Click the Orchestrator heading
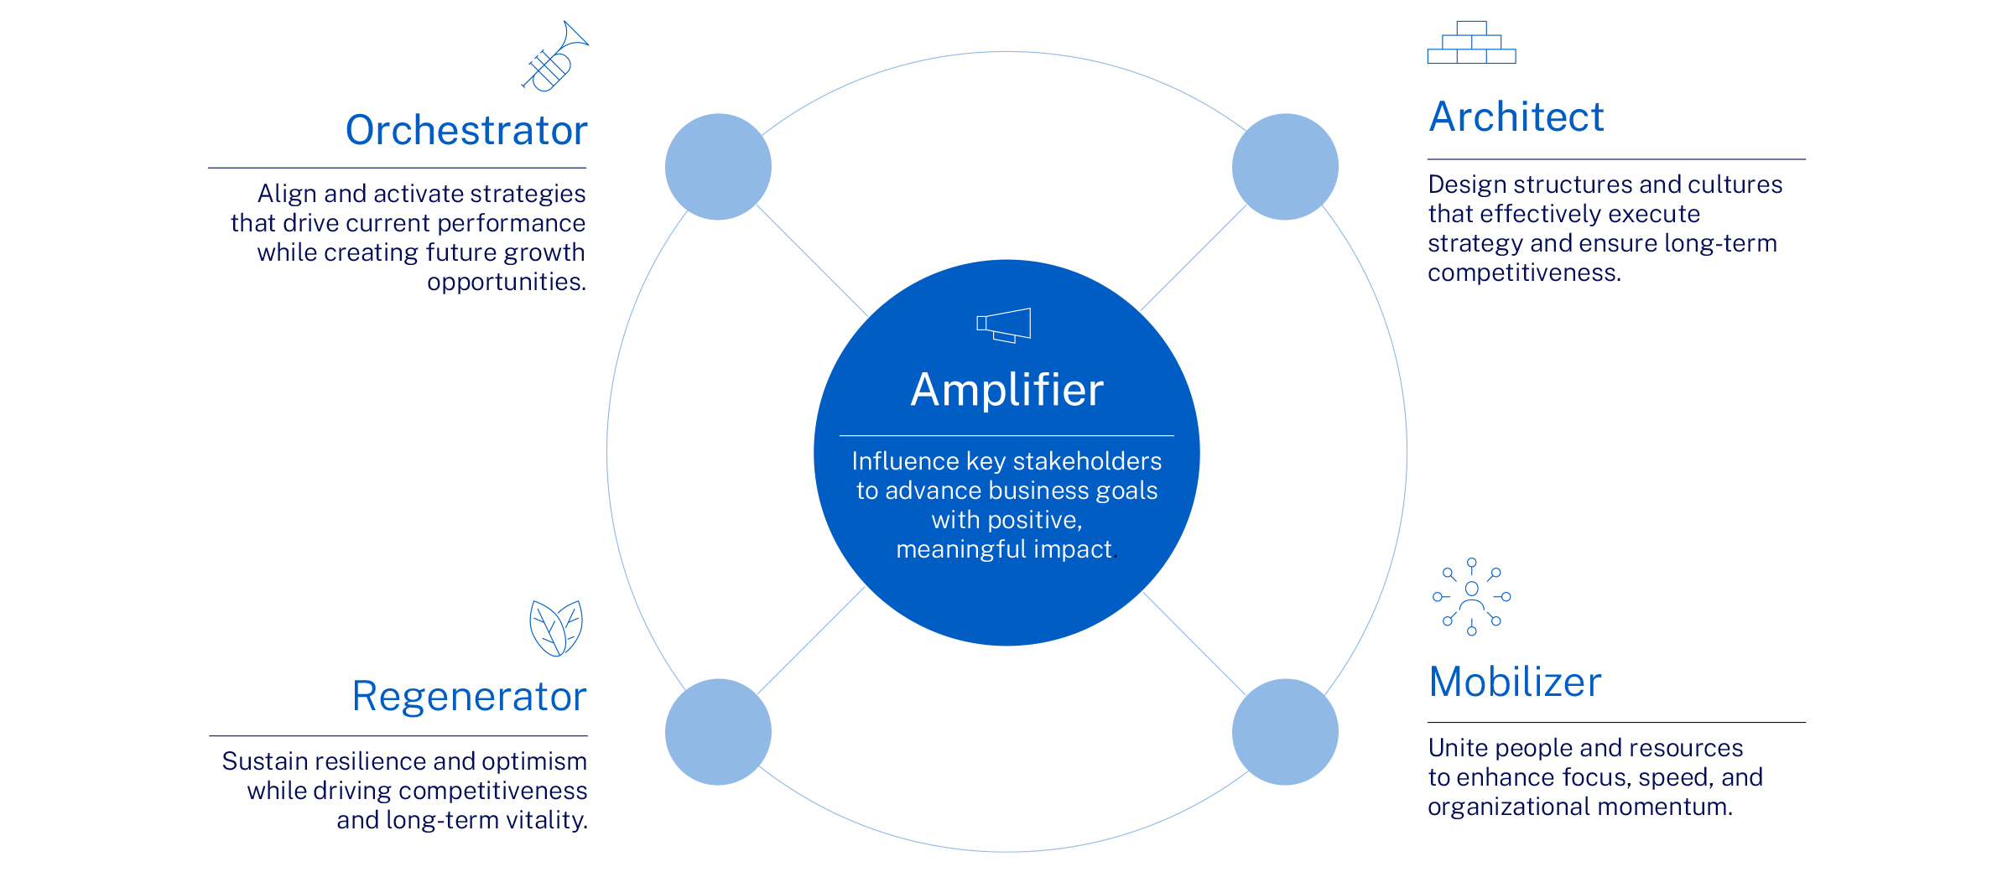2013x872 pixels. [x=466, y=131]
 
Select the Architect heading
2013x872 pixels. [x=1516, y=117]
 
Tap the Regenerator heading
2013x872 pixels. [x=469, y=697]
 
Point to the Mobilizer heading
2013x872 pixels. [x=1515, y=682]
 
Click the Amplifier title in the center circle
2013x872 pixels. [x=1006, y=391]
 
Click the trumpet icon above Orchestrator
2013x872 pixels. [x=554, y=56]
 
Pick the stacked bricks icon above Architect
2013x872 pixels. [x=1472, y=43]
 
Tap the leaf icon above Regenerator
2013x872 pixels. [x=556, y=628]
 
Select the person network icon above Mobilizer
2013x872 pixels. [x=1472, y=597]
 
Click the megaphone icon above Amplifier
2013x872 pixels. [x=1004, y=325]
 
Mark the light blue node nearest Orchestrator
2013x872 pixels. [x=718, y=167]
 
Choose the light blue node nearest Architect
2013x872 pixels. [x=1285, y=167]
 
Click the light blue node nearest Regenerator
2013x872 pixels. [x=718, y=732]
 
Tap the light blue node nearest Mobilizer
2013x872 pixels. [x=1285, y=732]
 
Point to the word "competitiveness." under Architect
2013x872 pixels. [x=1525, y=273]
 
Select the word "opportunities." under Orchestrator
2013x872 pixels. [x=507, y=283]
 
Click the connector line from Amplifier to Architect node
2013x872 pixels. [x=1194, y=258]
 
